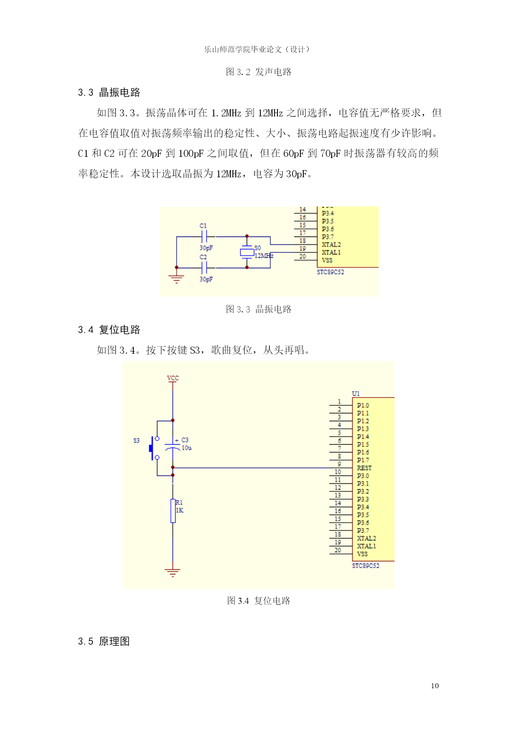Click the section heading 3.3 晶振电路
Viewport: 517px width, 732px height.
click(109, 92)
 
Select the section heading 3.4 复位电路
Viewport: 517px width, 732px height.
click(109, 330)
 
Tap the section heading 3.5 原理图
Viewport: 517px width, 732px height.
click(104, 641)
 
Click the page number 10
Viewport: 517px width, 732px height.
click(435, 686)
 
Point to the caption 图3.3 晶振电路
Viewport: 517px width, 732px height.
click(258, 309)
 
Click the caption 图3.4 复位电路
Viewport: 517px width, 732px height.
click(258, 601)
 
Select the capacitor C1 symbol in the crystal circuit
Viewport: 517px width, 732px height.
click(204, 237)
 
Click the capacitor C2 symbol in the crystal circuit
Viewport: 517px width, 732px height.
click(204, 268)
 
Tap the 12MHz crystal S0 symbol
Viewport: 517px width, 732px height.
click(247, 252)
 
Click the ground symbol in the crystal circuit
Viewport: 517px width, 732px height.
click(177, 279)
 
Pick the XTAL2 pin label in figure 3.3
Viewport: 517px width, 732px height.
click(331, 244)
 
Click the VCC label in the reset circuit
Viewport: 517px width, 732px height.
click(173, 378)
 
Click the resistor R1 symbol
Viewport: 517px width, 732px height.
click(173, 511)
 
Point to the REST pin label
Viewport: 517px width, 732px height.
click(364, 468)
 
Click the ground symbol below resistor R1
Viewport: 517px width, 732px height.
click(172, 572)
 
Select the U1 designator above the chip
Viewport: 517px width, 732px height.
click(356, 393)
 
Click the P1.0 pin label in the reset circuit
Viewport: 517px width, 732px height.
click(363, 405)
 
